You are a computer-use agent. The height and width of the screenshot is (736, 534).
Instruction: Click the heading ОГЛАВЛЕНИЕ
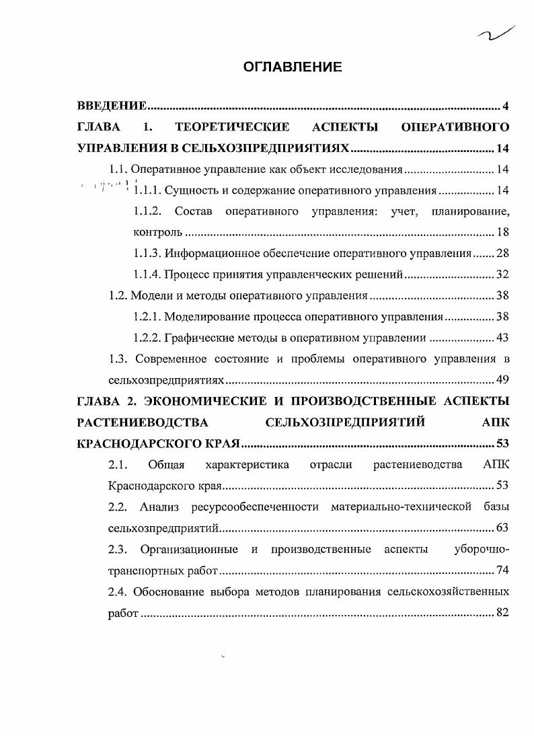click(x=292, y=67)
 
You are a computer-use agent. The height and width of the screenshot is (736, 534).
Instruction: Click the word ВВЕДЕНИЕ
click(x=112, y=106)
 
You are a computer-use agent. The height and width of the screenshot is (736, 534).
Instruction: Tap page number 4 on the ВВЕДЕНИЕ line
click(x=505, y=106)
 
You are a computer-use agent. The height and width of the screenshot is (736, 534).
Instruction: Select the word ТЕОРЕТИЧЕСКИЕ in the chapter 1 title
click(x=232, y=127)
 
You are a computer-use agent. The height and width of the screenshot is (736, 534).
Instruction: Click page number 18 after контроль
click(x=502, y=233)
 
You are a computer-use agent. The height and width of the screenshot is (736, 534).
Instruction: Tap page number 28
click(x=502, y=254)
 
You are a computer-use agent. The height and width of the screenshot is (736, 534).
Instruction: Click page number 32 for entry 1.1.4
click(x=502, y=274)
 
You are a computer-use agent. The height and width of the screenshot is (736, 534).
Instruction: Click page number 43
click(x=502, y=337)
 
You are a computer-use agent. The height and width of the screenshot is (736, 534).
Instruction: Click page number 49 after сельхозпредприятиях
click(x=502, y=379)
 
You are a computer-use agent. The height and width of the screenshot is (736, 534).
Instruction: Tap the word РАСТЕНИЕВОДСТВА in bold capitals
click(x=143, y=422)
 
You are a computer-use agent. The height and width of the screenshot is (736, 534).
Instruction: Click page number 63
click(x=502, y=527)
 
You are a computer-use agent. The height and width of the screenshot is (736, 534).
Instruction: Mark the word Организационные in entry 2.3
click(x=189, y=550)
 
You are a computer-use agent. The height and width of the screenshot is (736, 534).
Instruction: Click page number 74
click(x=502, y=571)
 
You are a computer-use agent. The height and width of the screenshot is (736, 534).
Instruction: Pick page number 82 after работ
click(x=502, y=613)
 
